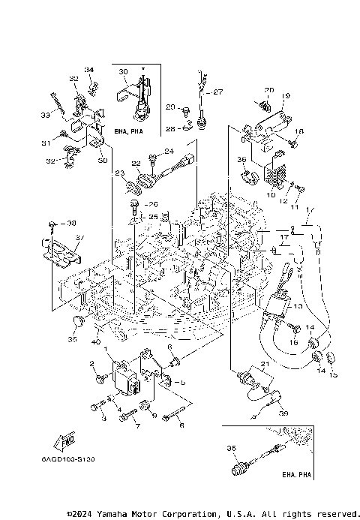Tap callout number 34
89,70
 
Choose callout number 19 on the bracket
286,96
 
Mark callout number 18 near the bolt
298,131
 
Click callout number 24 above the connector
169,152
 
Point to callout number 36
241,159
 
